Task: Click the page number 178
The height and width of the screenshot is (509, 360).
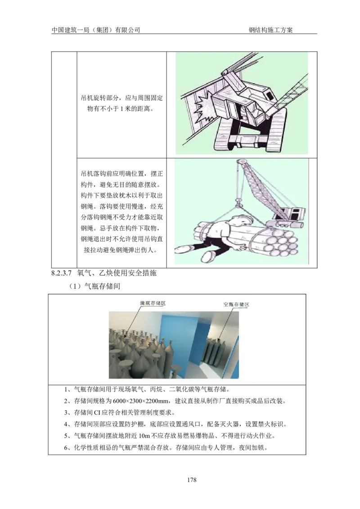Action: click(192, 479)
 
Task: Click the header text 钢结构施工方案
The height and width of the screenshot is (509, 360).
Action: click(270, 30)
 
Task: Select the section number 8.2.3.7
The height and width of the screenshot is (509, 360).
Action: click(61, 273)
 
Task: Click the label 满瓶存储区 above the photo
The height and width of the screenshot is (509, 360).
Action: click(153, 303)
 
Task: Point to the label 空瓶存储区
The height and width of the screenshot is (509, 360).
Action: click(236, 304)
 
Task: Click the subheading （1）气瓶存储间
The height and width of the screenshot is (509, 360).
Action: click(94, 286)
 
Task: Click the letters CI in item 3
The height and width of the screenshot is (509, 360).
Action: click(97, 413)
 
